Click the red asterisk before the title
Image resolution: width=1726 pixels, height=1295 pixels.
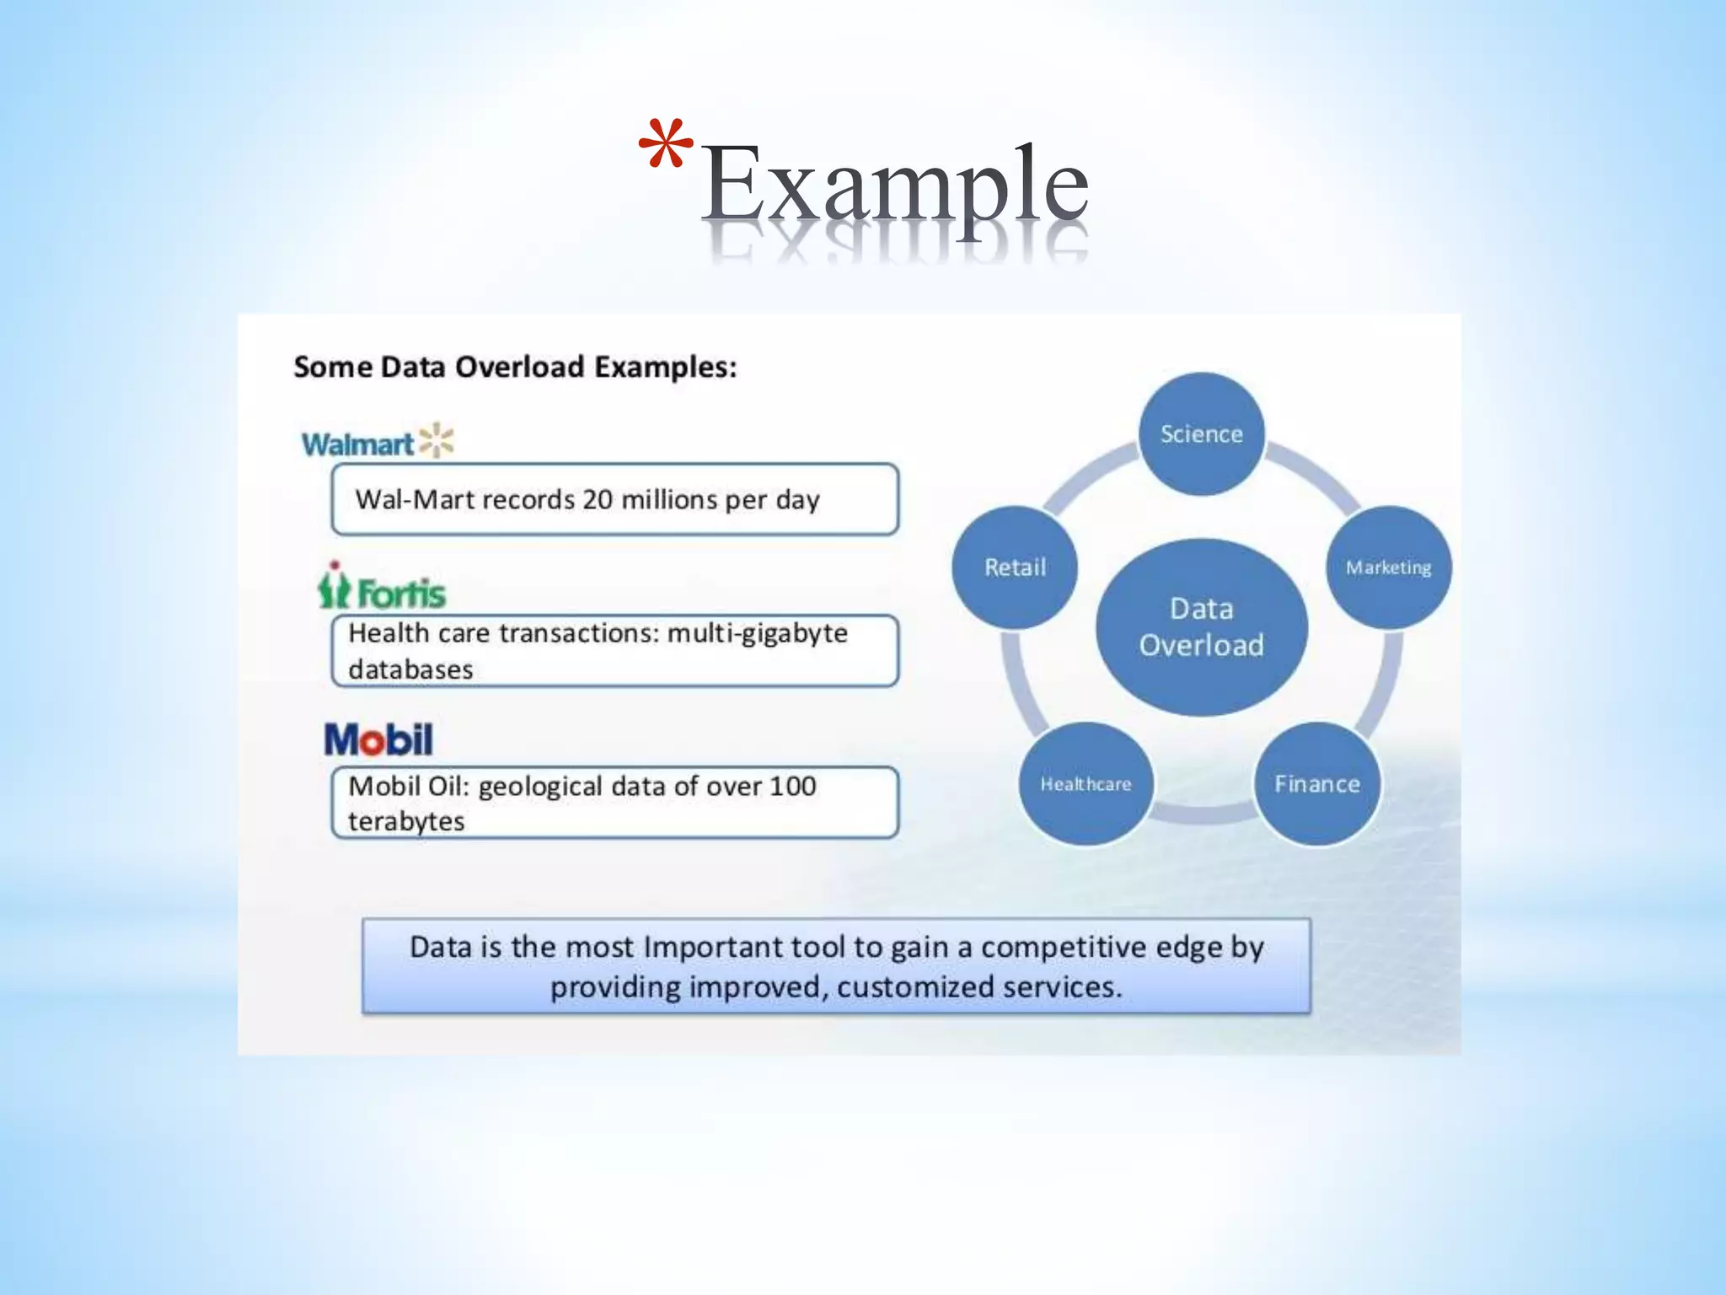tap(666, 144)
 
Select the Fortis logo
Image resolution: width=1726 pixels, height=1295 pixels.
tap(382, 587)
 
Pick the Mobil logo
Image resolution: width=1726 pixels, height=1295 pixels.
tap(378, 739)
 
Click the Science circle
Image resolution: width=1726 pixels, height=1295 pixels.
tap(1201, 433)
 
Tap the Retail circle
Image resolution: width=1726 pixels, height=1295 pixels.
tap(1015, 567)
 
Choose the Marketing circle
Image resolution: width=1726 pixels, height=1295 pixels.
tap(1388, 567)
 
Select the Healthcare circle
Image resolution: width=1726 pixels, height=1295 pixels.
tap(1085, 784)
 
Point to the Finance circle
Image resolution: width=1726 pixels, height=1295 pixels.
tap(1316, 784)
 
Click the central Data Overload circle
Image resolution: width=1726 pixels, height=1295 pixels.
tap(1201, 627)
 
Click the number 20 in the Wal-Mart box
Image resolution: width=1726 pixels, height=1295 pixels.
tap(597, 499)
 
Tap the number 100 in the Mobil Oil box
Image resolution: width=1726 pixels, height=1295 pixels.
tap(792, 786)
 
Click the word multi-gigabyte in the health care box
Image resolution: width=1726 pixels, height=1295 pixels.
tap(757, 633)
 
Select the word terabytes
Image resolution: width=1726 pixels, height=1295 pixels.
tap(406, 821)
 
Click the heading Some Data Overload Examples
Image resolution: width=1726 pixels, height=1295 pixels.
tap(515, 367)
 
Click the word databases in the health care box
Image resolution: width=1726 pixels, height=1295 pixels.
tap(410, 669)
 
